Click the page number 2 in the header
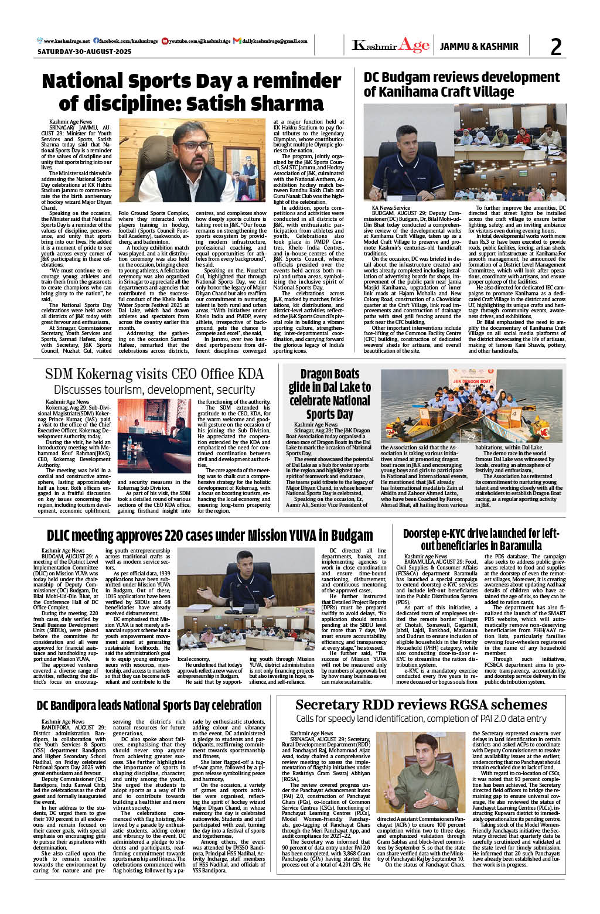coord(555,47)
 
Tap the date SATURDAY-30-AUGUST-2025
coord(84,52)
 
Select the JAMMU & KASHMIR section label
coord(479,46)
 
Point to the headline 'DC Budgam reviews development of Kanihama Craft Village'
coord(462,84)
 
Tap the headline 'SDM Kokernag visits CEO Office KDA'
coord(154,374)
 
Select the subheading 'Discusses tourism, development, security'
coord(154,390)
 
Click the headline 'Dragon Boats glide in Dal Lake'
coord(329,394)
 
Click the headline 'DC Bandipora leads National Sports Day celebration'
coord(149,705)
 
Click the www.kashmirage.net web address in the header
coord(64,42)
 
